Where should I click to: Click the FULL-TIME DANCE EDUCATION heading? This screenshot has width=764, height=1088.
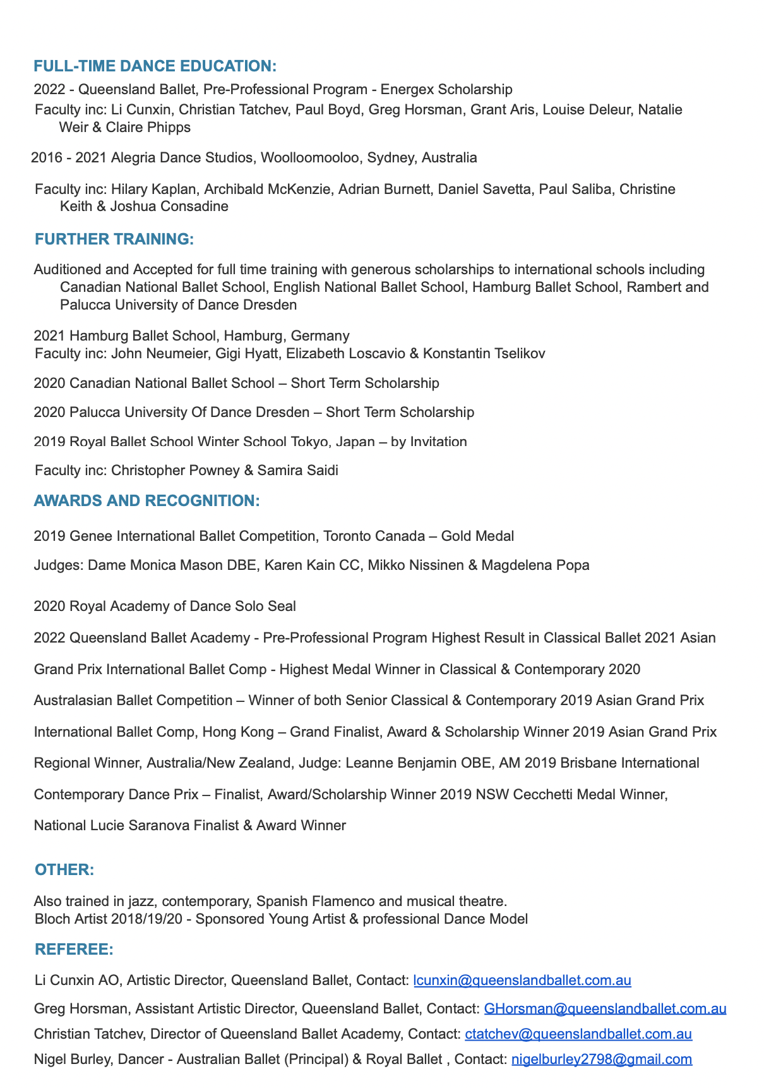click(x=155, y=66)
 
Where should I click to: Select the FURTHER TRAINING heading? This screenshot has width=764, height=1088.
click(x=114, y=239)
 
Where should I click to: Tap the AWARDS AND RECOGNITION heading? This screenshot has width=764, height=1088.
click(x=146, y=501)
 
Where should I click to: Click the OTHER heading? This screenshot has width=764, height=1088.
click(x=64, y=870)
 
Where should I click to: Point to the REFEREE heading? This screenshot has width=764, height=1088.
click(x=74, y=950)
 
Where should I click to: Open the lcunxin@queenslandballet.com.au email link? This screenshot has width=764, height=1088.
click(x=522, y=981)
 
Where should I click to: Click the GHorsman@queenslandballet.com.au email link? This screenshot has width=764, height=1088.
click(x=604, y=1009)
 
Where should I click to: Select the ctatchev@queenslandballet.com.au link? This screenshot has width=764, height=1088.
click(x=578, y=1034)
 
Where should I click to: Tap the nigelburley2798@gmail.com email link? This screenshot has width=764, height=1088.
click(x=601, y=1060)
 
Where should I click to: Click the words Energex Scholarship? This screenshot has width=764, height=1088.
click(x=446, y=90)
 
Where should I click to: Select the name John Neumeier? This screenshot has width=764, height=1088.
click(x=159, y=353)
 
